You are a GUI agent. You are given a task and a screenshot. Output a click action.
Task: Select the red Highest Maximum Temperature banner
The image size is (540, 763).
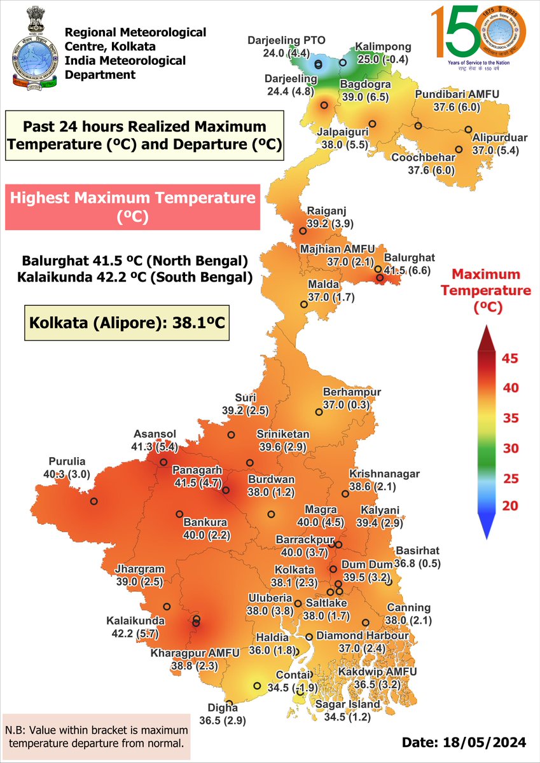(x=132, y=207)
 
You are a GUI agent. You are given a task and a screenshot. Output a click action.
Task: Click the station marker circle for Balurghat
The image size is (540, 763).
(x=380, y=278)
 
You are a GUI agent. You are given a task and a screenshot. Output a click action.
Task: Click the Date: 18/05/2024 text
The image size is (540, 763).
(x=464, y=742)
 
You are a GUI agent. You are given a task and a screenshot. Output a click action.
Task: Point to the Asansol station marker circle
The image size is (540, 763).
(x=163, y=462)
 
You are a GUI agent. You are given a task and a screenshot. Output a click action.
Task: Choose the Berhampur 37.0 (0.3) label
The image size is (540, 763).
(x=352, y=398)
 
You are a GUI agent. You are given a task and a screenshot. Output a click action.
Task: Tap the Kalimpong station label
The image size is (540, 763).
(x=384, y=53)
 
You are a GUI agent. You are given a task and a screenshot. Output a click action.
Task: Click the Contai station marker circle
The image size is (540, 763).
(x=257, y=685)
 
